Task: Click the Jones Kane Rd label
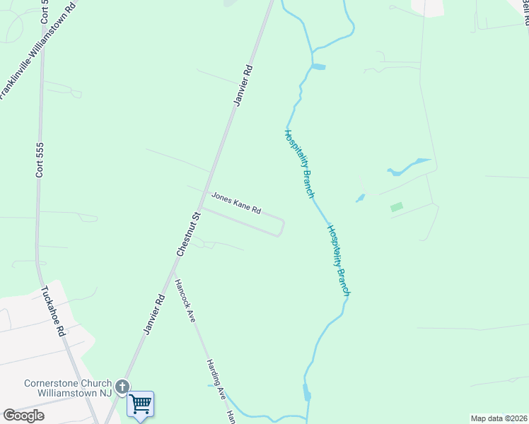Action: [x=236, y=204]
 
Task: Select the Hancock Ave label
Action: [x=185, y=300]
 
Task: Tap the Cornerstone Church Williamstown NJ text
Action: [x=68, y=388]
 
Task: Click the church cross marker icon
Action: [x=122, y=387]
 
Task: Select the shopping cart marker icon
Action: [x=141, y=404]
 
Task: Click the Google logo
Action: [x=23, y=416]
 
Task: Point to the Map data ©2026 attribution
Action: [x=499, y=418]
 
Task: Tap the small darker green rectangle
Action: [x=397, y=207]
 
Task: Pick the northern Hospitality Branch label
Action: [x=299, y=163]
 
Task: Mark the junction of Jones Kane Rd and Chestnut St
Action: [x=202, y=208]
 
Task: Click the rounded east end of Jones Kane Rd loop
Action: [x=282, y=228]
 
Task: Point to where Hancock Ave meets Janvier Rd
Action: [x=174, y=269]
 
